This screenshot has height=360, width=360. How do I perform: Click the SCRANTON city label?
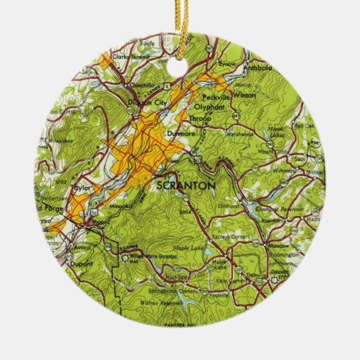pyautogui.click(x=185, y=185)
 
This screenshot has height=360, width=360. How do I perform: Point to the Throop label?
pyautogui.click(x=198, y=118)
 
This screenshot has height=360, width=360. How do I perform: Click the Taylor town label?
pyautogui.click(x=81, y=183)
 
